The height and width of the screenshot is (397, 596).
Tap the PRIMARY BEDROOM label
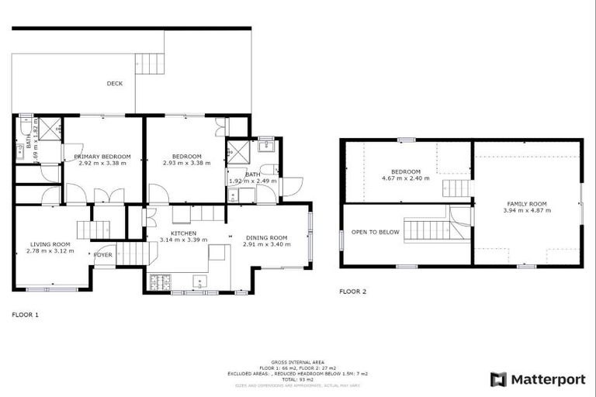[102, 157]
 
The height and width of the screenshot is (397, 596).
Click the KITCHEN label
[184, 233]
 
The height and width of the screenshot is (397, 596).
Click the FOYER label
[103, 254]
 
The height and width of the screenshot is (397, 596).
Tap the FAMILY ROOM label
[527, 203]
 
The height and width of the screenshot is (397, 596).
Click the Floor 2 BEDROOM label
[406, 171]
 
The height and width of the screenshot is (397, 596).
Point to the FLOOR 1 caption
[25, 315]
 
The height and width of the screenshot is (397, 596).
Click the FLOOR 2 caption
[353, 292]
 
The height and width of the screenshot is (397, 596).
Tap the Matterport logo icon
[498, 379]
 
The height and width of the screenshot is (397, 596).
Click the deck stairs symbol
[150, 63]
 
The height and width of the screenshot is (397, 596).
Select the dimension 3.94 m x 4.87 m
[527, 210]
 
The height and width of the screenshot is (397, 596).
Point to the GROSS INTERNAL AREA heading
[297, 361]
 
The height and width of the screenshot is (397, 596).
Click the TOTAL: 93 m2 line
[298, 379]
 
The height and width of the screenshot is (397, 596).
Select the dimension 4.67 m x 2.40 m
[406, 178]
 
